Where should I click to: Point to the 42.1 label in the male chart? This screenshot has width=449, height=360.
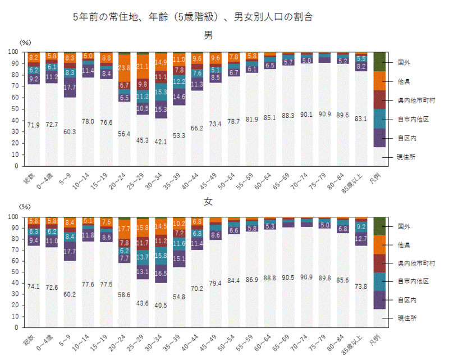[160, 142]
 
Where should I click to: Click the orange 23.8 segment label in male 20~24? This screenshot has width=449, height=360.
[124, 67]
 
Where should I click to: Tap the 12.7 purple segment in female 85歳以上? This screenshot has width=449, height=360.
[362, 240]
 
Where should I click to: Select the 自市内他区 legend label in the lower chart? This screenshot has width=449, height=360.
[413, 281]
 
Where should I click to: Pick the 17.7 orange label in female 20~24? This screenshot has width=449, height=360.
[124, 229]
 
